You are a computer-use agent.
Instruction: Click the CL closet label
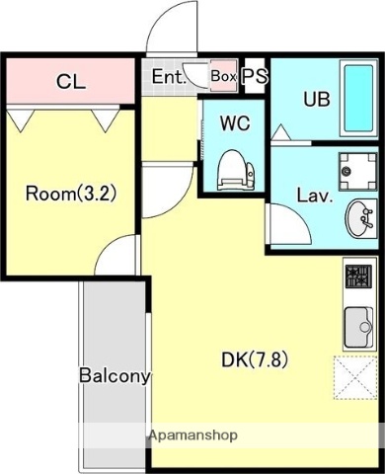(x=71, y=82)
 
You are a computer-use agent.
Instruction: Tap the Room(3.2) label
(x=71, y=194)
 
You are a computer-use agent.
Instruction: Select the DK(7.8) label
(x=255, y=359)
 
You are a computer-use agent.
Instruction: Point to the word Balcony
(x=115, y=376)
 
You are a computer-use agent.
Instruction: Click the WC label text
(x=235, y=123)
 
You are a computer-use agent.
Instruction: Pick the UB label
(x=317, y=99)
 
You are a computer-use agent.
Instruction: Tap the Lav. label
(x=315, y=196)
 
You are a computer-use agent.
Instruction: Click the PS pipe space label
(x=255, y=76)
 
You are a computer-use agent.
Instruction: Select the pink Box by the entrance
(x=224, y=76)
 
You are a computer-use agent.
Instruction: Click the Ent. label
(x=168, y=77)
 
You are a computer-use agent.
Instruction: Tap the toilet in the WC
(x=236, y=170)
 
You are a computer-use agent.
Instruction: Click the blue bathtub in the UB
(x=358, y=99)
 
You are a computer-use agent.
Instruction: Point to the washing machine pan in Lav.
(x=357, y=171)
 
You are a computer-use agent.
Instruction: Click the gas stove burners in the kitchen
(x=358, y=276)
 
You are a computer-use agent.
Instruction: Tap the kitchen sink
(x=358, y=327)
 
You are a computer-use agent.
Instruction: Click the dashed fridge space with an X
(x=355, y=378)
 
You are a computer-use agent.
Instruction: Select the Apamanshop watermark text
(x=192, y=435)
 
